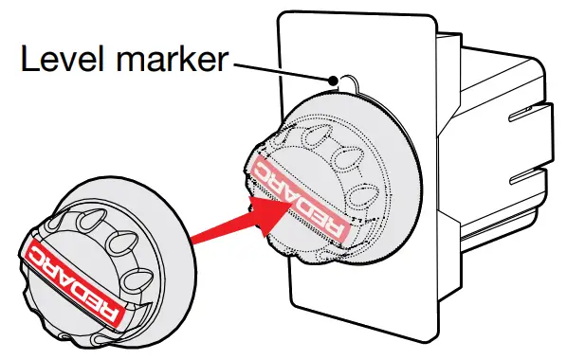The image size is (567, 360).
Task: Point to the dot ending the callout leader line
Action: pyautogui.click(x=333, y=82)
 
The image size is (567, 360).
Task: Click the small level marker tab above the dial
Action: pyautogui.click(x=342, y=83)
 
